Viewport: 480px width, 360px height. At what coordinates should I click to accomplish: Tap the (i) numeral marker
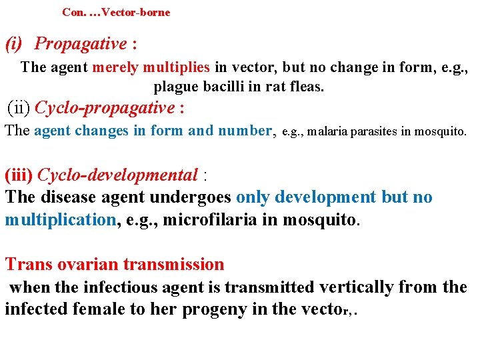tap(13, 44)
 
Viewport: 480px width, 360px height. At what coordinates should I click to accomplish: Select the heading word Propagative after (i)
tap(80, 44)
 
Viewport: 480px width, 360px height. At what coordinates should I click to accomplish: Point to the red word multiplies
tap(175, 67)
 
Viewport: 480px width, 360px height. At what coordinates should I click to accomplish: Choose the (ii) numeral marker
tap(18, 107)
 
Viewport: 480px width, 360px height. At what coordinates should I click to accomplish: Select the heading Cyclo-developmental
tap(117, 175)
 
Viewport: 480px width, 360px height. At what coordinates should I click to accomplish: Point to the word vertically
tap(357, 287)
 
